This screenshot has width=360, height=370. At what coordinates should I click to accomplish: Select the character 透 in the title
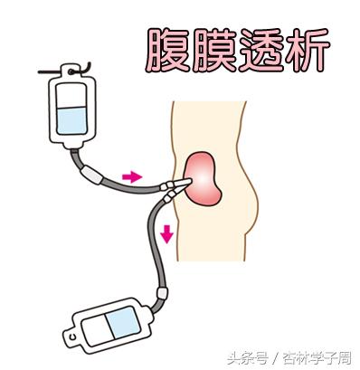point(258,51)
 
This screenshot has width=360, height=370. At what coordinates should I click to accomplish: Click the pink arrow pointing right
point(133,176)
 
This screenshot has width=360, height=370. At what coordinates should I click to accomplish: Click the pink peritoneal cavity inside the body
point(204,178)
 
